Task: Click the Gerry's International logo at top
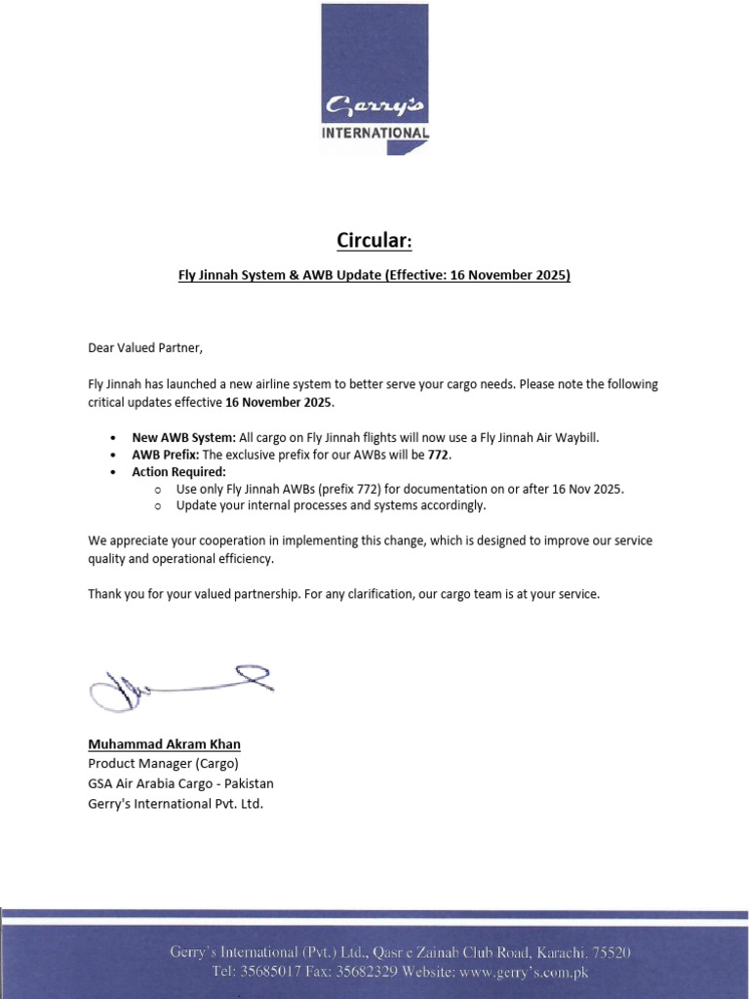(375, 79)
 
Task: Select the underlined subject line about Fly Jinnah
(374, 275)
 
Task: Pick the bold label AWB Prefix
(166, 455)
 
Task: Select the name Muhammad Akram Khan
(164, 744)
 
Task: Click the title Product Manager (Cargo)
(163, 763)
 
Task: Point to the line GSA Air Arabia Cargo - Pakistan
(180, 783)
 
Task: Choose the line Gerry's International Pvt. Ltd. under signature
(176, 804)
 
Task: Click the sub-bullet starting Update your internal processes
(331, 505)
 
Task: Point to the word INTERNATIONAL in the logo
(375, 133)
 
